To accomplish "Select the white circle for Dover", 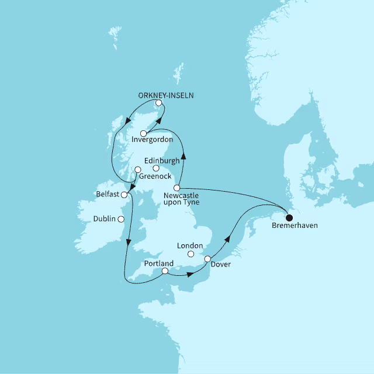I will [207, 258].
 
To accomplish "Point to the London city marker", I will [191, 254].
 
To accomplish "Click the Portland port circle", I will [165, 271].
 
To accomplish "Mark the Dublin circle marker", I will [121, 220].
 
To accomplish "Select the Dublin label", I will [105, 219].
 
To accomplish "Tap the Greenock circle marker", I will [138, 170].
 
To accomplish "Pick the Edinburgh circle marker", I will [156, 168].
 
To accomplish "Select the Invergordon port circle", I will [143, 133].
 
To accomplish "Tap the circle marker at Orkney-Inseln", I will [158, 103].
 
